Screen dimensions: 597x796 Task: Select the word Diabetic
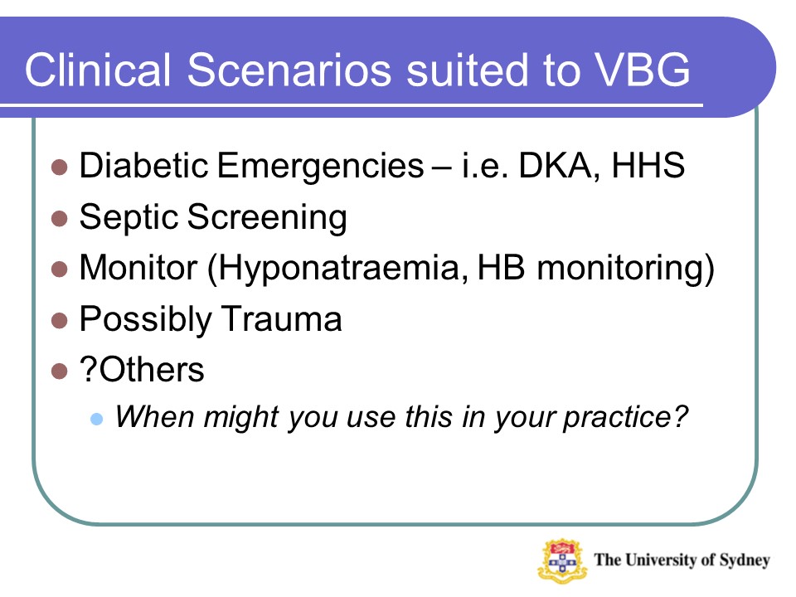tap(143, 167)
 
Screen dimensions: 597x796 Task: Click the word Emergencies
tap(319, 167)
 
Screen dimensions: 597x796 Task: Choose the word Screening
tap(267, 218)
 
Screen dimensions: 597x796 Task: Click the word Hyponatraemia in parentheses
tap(333, 269)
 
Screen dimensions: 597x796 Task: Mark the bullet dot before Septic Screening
tap(59, 219)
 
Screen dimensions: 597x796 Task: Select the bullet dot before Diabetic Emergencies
tap(59, 167)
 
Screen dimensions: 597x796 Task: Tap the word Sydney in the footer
tap(743, 560)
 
